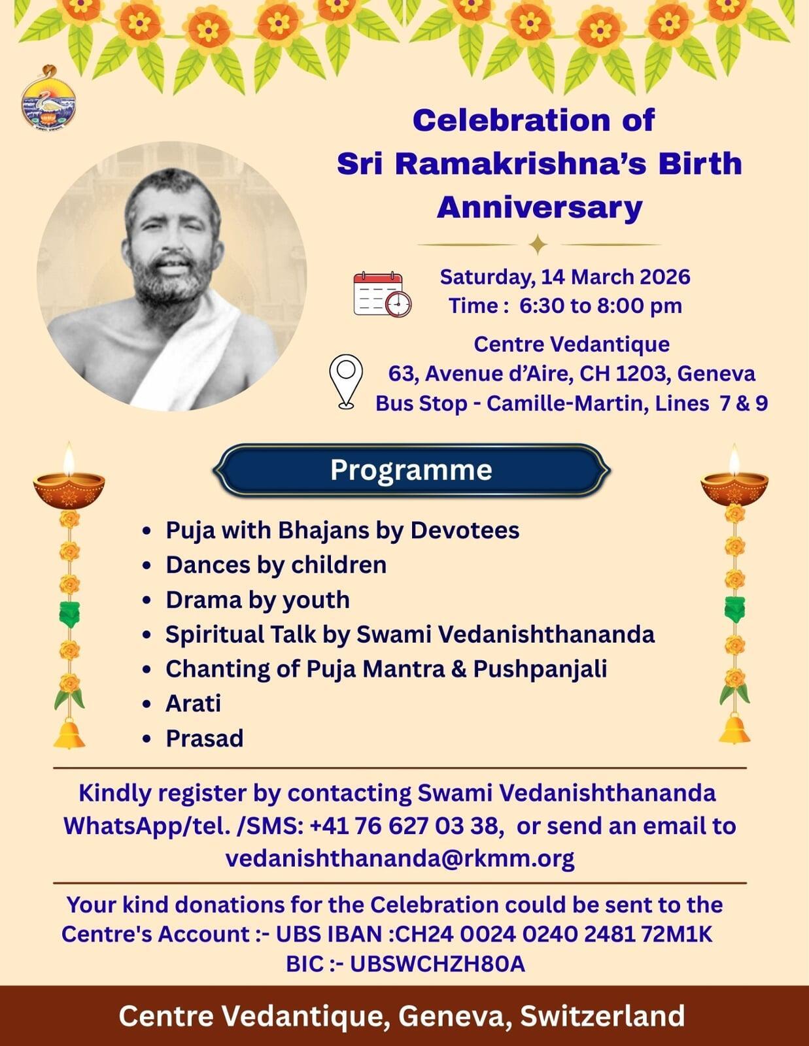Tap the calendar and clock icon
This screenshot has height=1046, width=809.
(x=383, y=294)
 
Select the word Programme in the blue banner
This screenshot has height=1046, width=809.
(x=411, y=470)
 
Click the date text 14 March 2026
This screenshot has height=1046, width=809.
(x=615, y=277)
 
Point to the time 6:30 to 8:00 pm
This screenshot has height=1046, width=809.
(x=600, y=306)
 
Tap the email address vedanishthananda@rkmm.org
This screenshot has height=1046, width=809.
(x=400, y=858)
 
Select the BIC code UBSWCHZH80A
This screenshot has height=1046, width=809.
(x=438, y=963)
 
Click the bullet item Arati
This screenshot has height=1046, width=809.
(x=193, y=703)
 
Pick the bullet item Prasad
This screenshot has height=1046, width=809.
(x=205, y=738)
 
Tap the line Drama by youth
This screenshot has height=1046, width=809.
(x=258, y=600)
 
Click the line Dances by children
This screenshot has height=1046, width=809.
(x=276, y=565)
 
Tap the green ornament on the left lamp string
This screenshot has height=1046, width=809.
(x=69, y=614)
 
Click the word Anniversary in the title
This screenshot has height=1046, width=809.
(x=540, y=208)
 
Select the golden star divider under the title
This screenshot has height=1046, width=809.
(x=538, y=245)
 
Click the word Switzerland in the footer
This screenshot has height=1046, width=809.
(x=602, y=1016)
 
